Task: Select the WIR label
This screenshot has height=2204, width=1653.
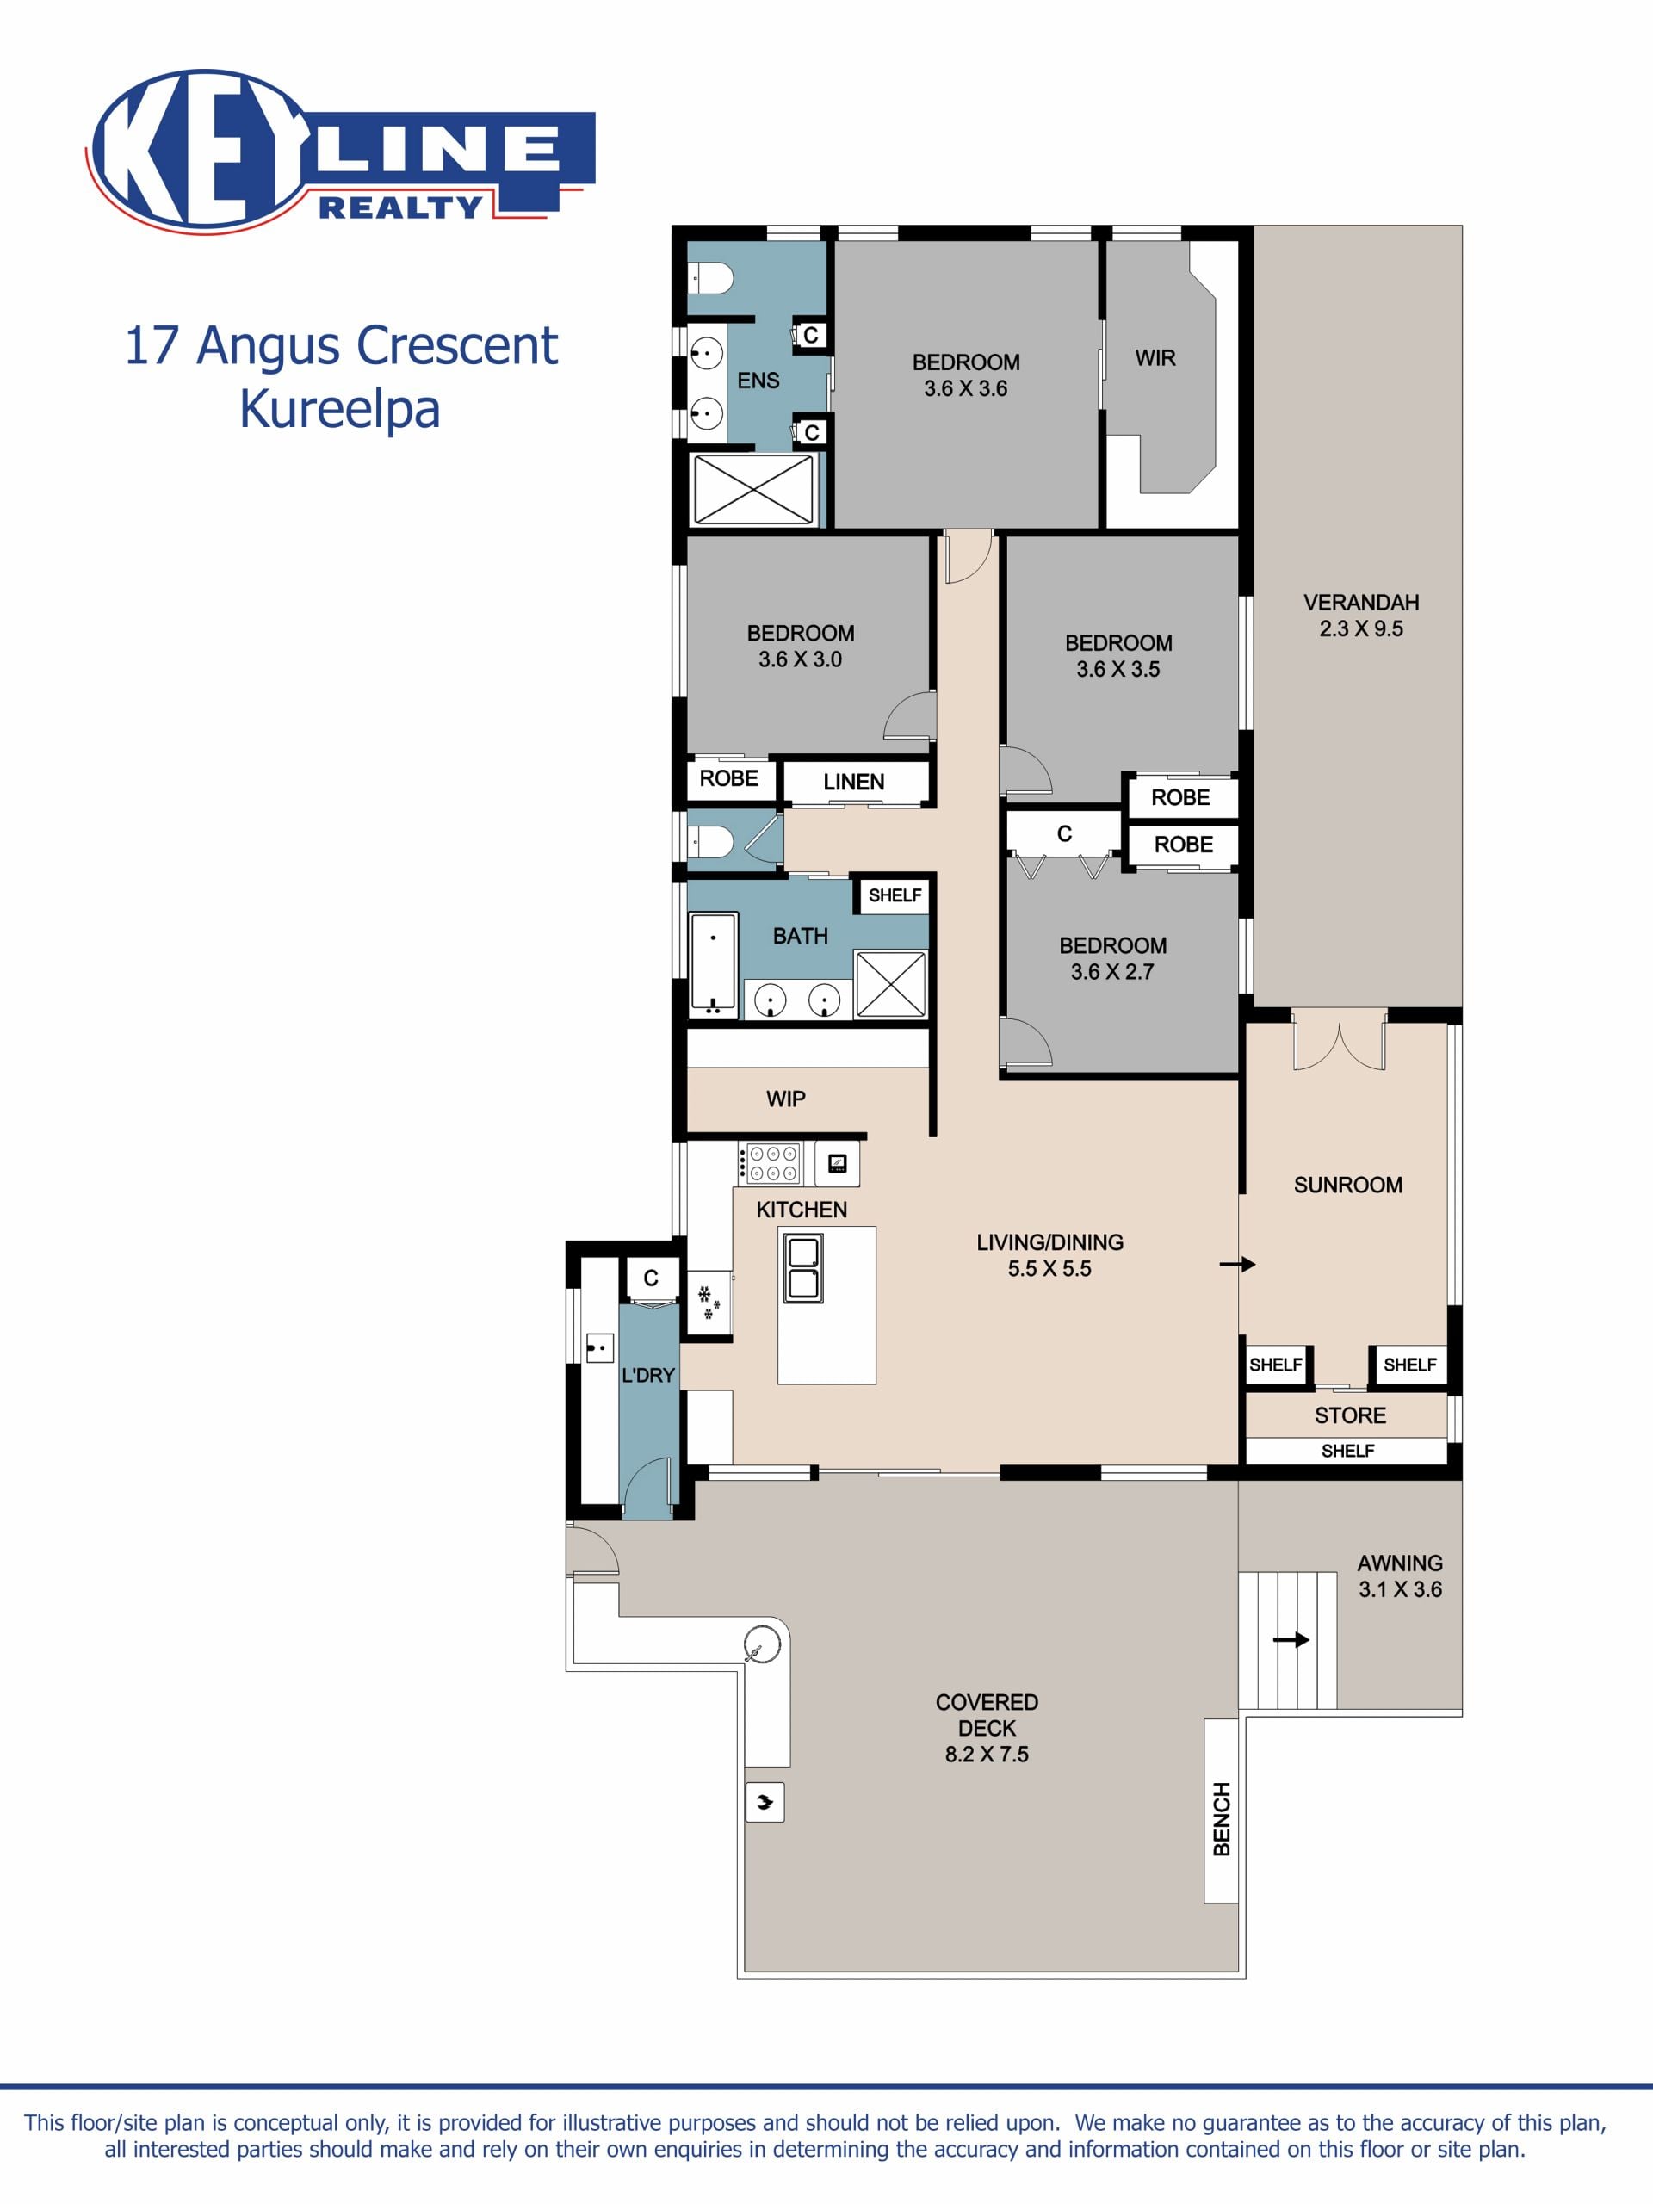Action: [x=1155, y=357]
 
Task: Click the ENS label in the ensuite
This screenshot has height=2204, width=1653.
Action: [x=758, y=380]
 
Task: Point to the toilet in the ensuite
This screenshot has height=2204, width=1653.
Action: [x=710, y=278]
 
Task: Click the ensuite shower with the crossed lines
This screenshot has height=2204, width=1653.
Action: [x=753, y=488]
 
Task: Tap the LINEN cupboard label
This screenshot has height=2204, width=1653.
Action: [x=854, y=781]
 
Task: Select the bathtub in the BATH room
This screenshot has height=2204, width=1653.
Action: [x=714, y=963]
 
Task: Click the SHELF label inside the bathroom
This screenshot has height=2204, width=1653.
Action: [x=895, y=895]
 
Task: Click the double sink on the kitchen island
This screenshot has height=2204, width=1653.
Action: [x=803, y=1267]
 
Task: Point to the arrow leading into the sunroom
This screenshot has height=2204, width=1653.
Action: [x=1237, y=1265]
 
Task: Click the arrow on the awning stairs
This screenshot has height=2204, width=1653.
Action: [x=1291, y=1639]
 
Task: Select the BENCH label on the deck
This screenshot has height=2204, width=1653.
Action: [x=1222, y=1818]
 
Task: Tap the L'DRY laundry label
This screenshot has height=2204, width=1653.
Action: [x=648, y=1375]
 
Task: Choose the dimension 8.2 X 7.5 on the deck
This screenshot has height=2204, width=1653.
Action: [x=987, y=1754]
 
